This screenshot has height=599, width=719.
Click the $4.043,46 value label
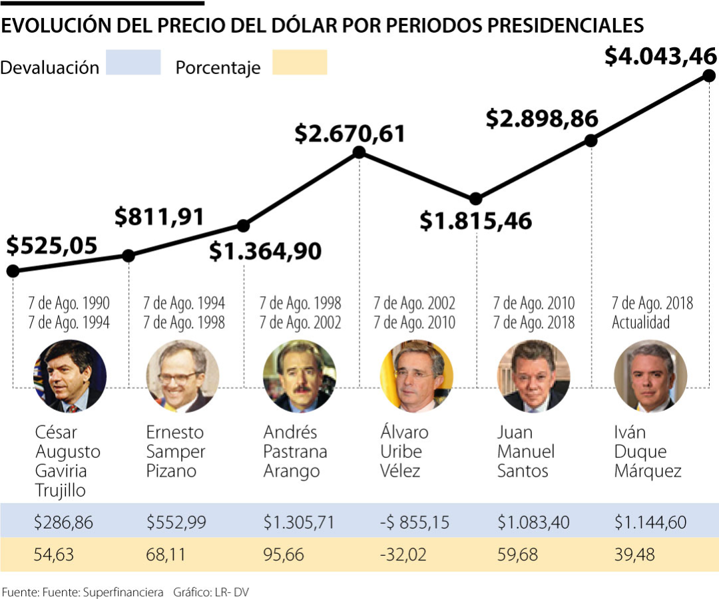point(660,57)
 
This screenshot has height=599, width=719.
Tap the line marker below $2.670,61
point(359,152)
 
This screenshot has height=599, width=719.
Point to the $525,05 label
point(52,246)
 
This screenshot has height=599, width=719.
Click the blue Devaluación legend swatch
point(133,63)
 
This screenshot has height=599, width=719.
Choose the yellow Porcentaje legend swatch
point(300,63)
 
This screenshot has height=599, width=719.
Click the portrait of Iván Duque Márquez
point(643,377)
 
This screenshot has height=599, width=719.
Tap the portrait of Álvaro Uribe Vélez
point(415,377)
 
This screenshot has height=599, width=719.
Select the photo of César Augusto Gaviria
point(69,377)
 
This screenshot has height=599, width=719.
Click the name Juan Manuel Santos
point(525,452)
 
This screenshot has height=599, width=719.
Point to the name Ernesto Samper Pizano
point(176,452)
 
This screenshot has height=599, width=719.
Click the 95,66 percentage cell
point(282,554)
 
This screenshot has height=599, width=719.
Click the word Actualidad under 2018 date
point(641,323)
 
